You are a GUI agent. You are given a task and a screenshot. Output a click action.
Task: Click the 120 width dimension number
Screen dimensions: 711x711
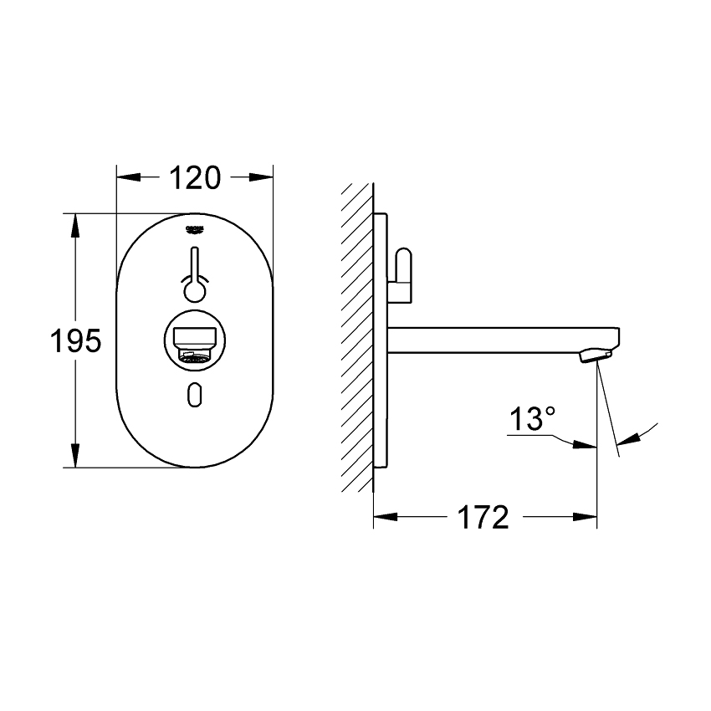point(195,177)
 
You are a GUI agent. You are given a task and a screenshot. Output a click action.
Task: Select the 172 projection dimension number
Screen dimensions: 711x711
point(483,517)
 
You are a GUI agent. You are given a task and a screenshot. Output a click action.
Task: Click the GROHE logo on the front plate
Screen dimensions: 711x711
point(194,227)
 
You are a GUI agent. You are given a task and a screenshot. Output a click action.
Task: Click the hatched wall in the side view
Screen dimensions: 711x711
point(356,335)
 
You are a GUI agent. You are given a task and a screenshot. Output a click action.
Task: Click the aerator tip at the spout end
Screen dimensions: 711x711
point(592,356)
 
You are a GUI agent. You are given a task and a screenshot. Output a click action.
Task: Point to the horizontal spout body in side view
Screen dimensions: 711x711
point(494,340)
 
